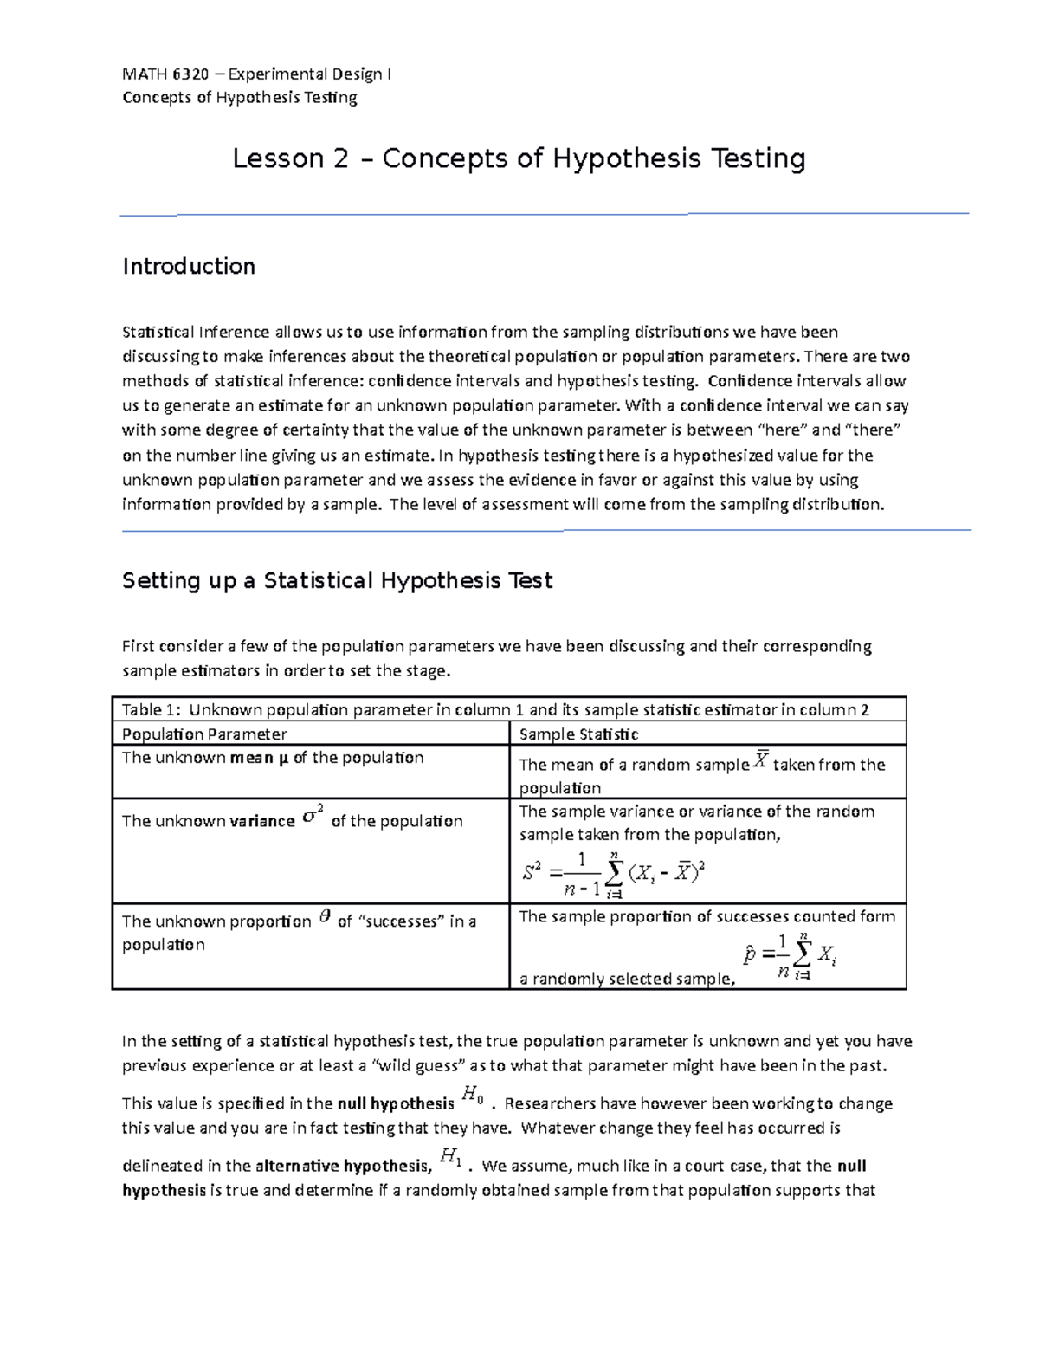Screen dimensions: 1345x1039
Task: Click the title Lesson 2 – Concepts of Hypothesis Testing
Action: [x=519, y=158]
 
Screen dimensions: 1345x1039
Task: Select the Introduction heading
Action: [x=188, y=266]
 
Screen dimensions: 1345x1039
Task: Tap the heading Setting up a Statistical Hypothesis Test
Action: [x=337, y=580]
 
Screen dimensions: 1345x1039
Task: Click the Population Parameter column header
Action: [x=204, y=734]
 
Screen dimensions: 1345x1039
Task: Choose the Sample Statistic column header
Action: [x=578, y=734]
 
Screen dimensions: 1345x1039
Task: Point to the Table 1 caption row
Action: [x=495, y=710]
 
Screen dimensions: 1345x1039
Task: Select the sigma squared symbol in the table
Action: [x=313, y=817]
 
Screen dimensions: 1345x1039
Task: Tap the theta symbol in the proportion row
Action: [x=325, y=917]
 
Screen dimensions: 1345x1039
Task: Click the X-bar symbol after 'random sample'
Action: [x=760, y=761]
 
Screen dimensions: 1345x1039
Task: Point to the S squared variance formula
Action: [x=614, y=873]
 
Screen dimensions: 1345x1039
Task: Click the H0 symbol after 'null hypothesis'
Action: [x=472, y=1096]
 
